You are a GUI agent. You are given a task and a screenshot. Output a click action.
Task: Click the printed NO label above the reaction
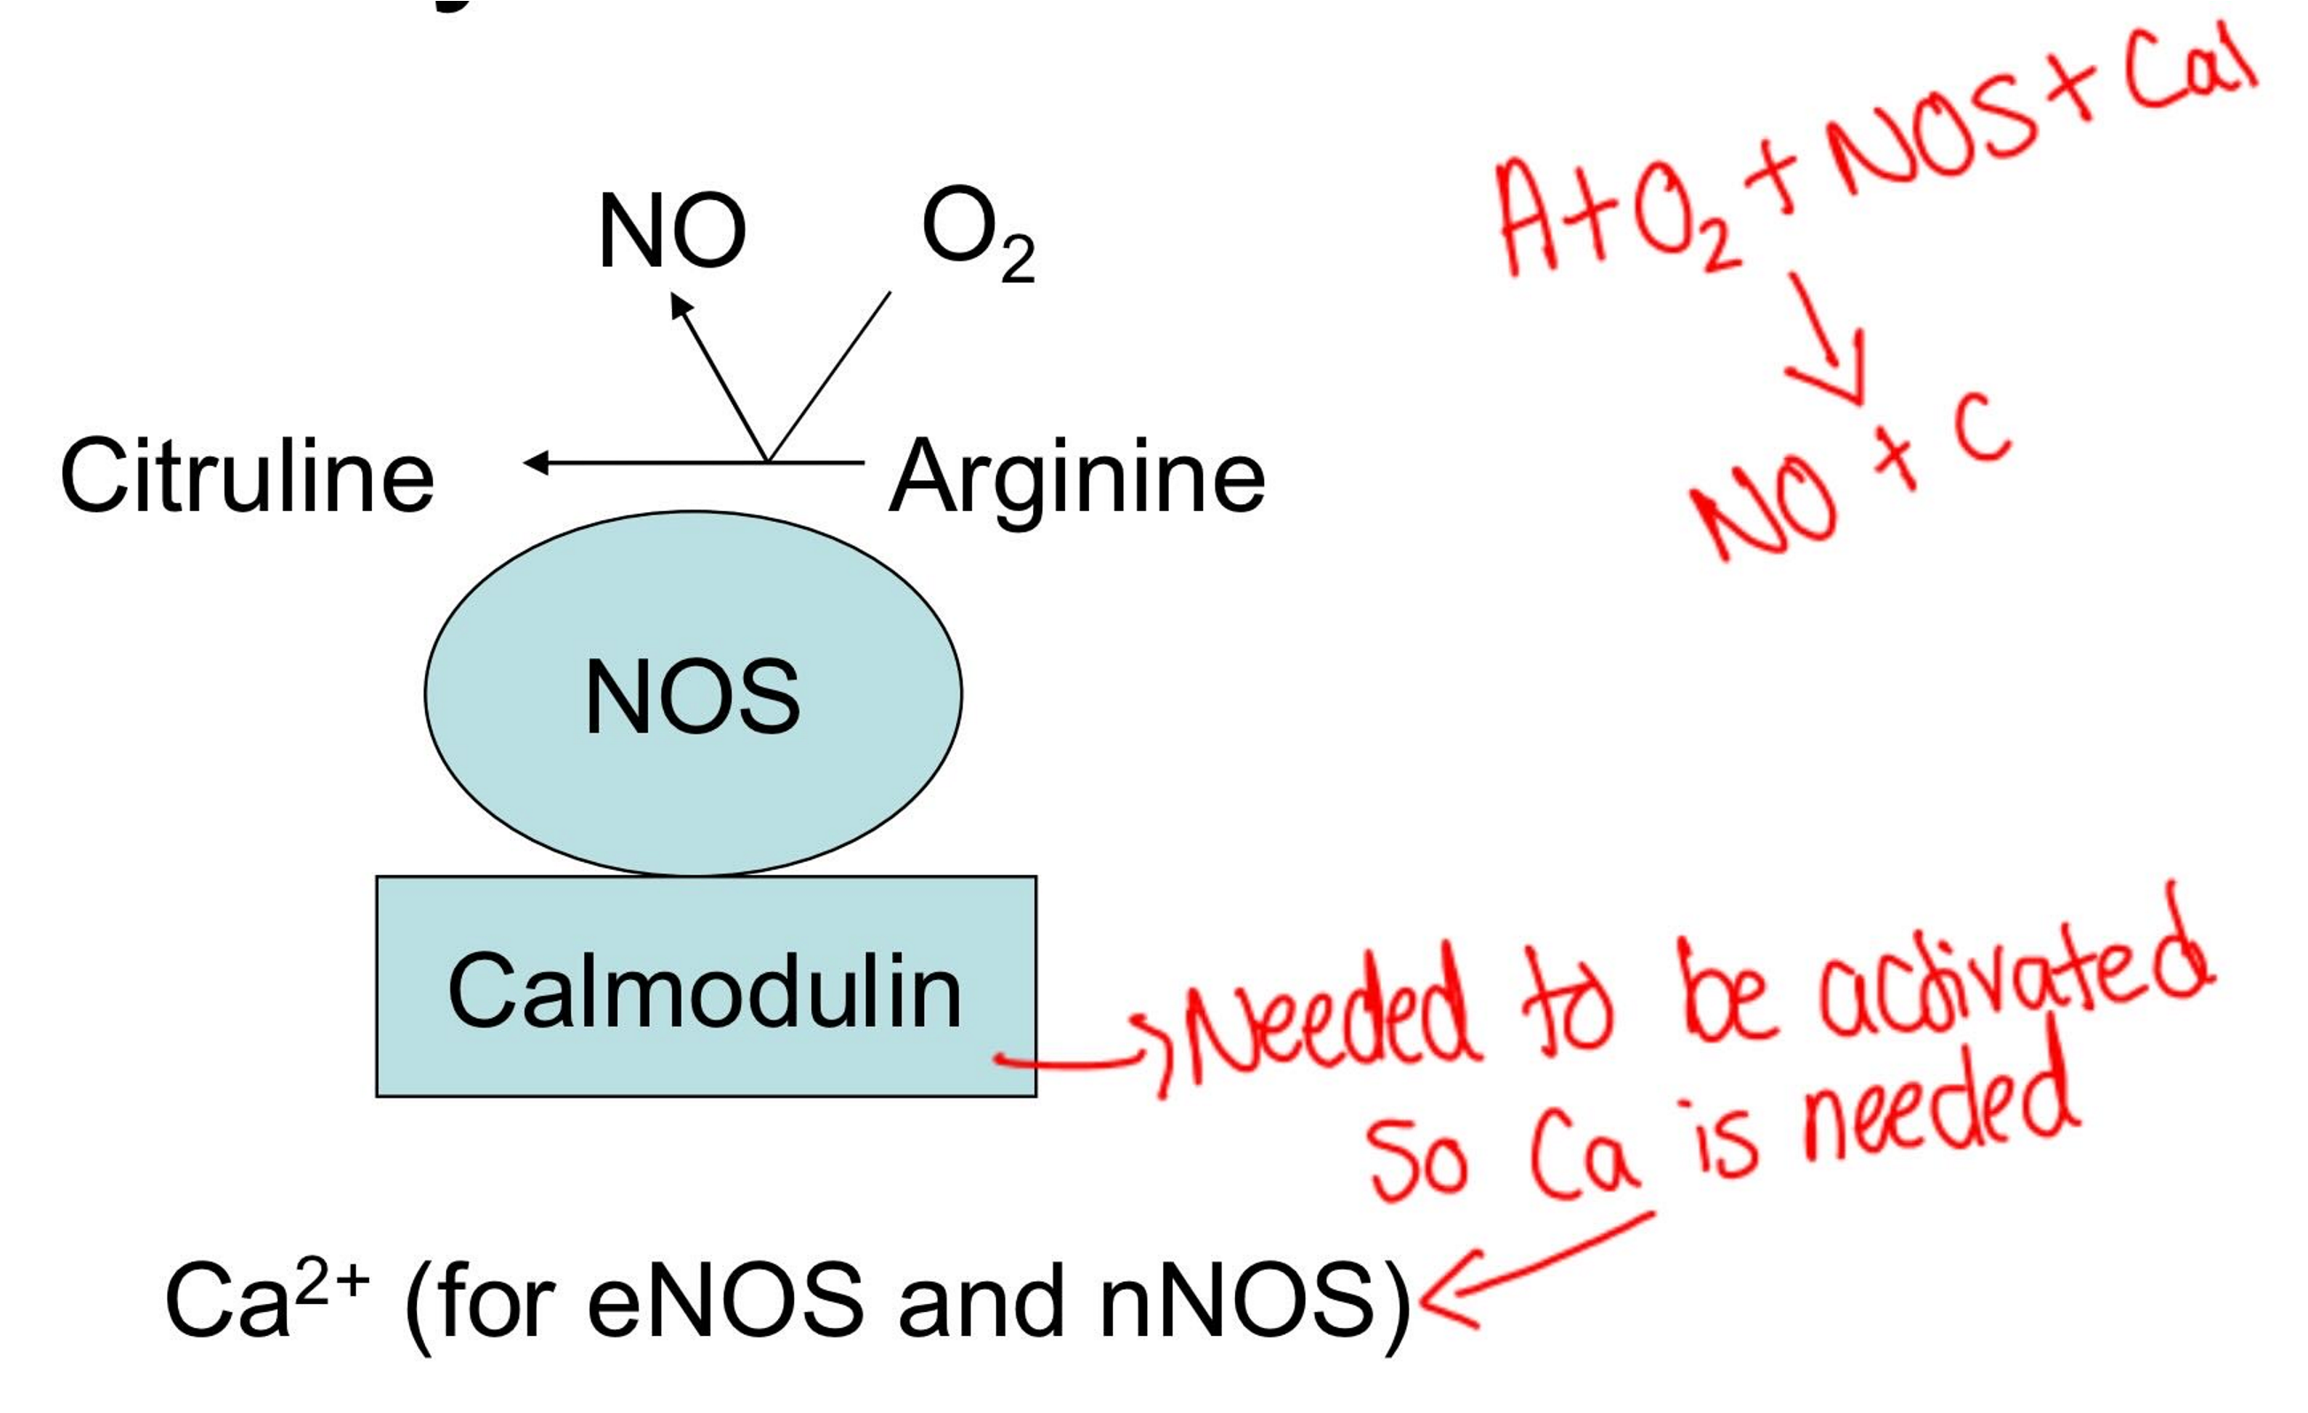(x=672, y=231)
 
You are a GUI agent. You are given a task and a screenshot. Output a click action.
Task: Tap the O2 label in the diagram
(x=977, y=231)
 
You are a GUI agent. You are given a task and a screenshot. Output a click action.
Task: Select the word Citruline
(x=247, y=476)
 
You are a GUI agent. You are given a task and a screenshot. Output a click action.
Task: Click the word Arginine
(x=1077, y=477)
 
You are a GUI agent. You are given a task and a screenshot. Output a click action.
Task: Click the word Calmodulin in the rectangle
(x=706, y=991)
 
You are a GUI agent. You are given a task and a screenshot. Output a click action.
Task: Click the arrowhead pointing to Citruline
(x=536, y=462)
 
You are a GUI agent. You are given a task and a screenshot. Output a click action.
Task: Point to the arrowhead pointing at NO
(x=681, y=305)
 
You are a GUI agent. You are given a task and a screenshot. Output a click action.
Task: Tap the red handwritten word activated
(x=2014, y=984)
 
